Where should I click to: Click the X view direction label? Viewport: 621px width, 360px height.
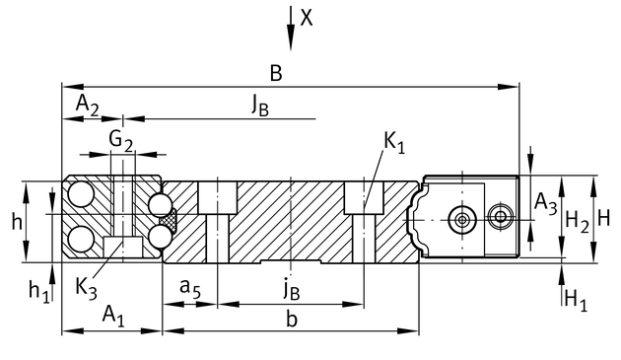pyautogui.click(x=307, y=18)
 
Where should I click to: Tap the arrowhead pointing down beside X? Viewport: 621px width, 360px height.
pyautogui.click(x=291, y=37)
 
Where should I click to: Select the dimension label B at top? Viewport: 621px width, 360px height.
pyautogui.click(x=276, y=74)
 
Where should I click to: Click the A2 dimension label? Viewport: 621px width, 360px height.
pyautogui.click(x=88, y=105)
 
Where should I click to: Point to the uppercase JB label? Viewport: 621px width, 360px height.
pyautogui.click(x=260, y=106)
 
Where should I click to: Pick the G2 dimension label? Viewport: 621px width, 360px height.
pyautogui.click(x=121, y=140)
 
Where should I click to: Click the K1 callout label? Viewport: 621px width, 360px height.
pyautogui.click(x=394, y=142)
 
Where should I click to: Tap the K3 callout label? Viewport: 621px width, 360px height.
pyautogui.click(x=87, y=287)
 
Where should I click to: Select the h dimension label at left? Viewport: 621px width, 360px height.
pyautogui.click(x=17, y=222)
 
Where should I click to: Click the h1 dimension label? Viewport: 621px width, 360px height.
pyautogui.click(x=39, y=291)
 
